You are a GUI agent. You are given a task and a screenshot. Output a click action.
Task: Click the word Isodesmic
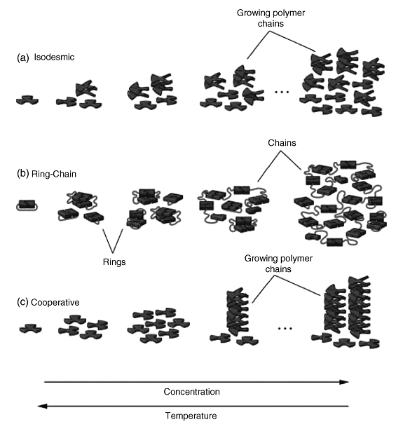point(54,57)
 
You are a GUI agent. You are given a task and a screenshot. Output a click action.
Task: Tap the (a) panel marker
point(23,57)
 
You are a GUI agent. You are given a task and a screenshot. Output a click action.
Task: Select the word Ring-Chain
point(54,174)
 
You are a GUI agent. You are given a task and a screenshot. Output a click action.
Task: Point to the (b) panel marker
point(23,174)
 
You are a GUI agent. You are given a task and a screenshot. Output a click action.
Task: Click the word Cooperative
point(55,302)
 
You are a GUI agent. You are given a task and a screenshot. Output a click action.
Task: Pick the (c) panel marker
point(22,302)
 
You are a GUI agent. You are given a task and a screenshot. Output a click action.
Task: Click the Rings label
point(114,262)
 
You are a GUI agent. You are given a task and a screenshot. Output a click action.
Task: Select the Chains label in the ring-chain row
point(282,142)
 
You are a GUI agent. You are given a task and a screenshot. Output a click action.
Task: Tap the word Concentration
point(191,392)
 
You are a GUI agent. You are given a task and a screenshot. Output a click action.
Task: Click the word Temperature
point(191,416)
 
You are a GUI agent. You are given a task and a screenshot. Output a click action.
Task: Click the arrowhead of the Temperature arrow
point(41,406)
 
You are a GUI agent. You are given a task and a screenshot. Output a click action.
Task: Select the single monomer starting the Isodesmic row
point(27,100)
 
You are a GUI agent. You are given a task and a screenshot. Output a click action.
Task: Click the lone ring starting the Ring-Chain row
point(27,205)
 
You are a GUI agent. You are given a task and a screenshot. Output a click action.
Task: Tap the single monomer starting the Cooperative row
point(30,329)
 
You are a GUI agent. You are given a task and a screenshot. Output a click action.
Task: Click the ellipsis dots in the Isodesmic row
point(282,92)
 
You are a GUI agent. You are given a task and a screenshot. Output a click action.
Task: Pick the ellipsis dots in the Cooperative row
point(285,328)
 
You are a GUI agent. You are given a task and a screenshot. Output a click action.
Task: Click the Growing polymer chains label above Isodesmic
point(271,18)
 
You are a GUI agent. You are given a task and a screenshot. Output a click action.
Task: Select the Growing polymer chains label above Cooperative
point(278,264)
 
